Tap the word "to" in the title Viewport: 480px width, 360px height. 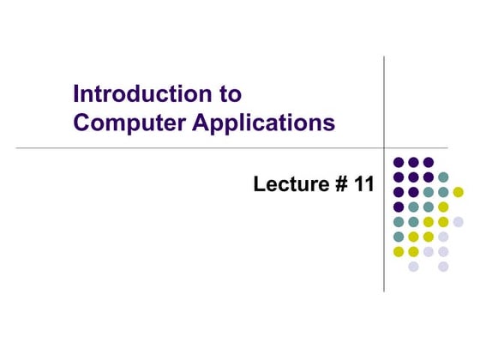click(x=230, y=93)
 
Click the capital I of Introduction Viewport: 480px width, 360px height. click(x=77, y=93)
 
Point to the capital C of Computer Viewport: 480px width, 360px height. click(x=82, y=123)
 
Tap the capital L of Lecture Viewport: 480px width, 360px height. click(x=260, y=184)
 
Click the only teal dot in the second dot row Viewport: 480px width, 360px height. click(x=443, y=177)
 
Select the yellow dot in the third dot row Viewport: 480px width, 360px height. click(x=458, y=192)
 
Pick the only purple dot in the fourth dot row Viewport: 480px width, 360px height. click(x=399, y=207)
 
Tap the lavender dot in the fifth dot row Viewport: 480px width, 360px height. click(x=458, y=221)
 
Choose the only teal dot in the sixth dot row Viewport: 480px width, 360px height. click(x=399, y=237)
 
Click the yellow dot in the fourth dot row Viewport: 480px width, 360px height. click(x=443, y=207)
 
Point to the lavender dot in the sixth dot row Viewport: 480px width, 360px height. click(x=443, y=237)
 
